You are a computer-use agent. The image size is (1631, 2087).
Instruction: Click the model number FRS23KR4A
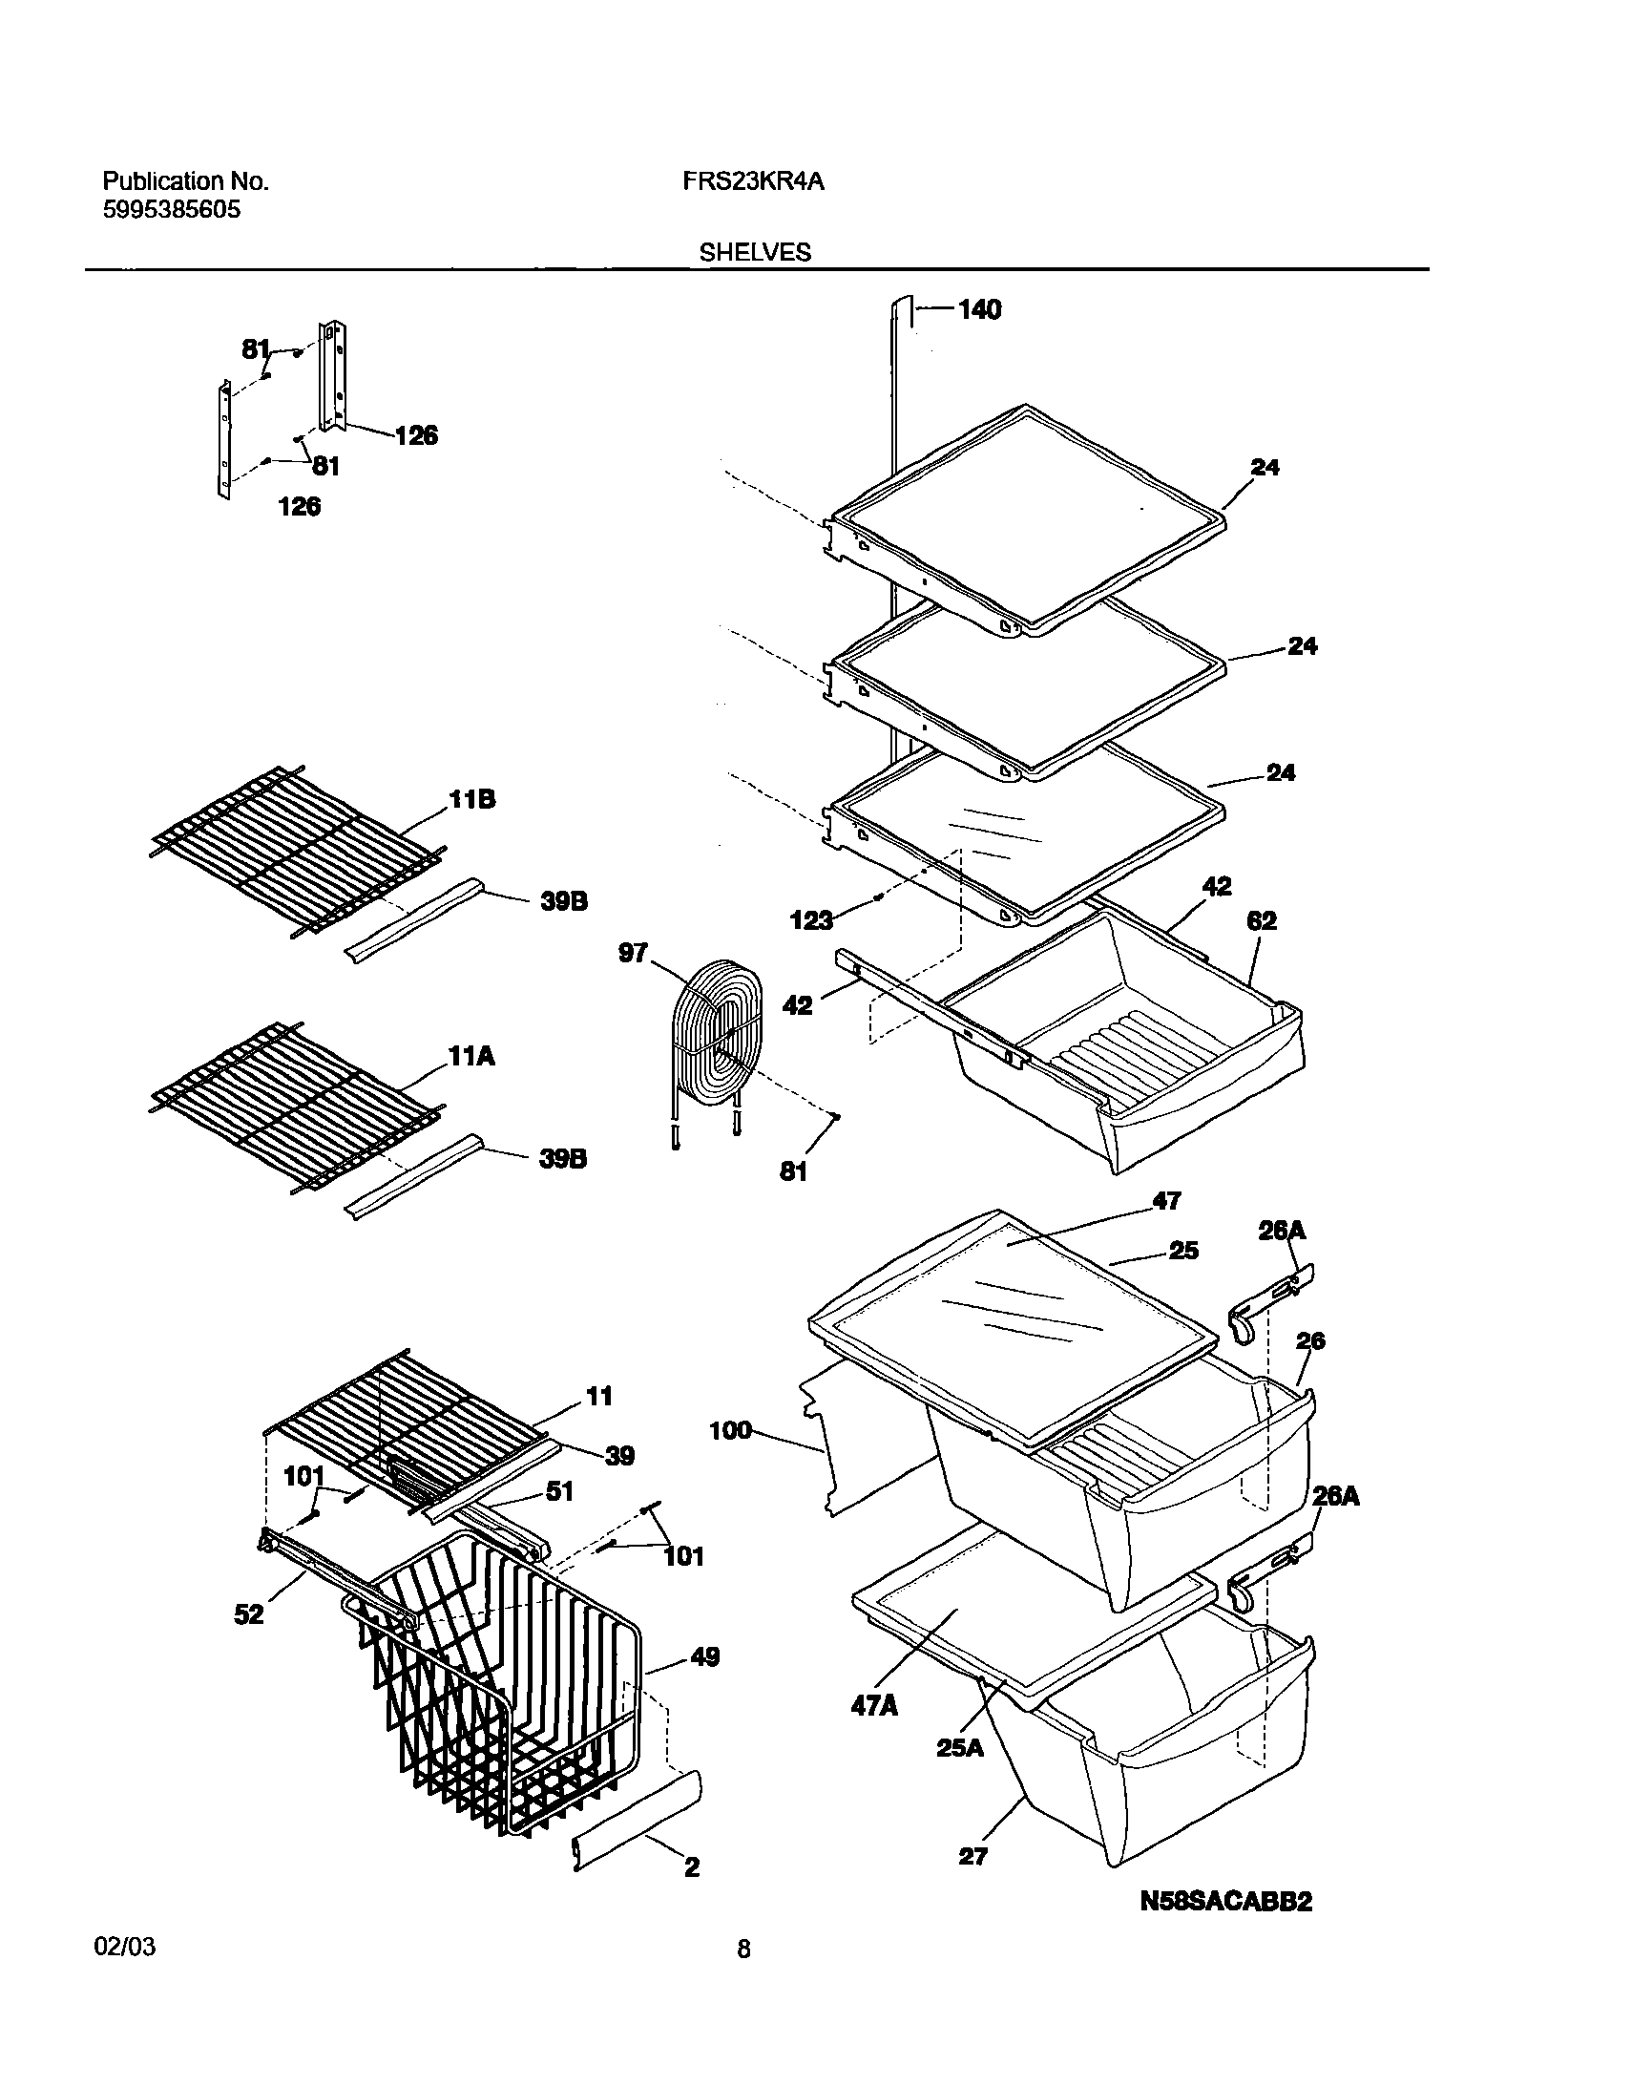(x=753, y=181)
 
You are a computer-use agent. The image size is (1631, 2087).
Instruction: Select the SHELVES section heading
(x=755, y=252)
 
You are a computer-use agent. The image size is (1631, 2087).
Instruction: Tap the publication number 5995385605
(x=171, y=210)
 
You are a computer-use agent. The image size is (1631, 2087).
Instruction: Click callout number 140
(x=979, y=309)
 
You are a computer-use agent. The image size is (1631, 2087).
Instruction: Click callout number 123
(x=811, y=920)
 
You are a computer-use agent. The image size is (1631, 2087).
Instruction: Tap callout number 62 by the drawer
(x=1262, y=921)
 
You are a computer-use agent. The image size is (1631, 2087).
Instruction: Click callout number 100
(x=731, y=1430)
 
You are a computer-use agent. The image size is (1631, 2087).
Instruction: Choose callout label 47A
(x=874, y=1706)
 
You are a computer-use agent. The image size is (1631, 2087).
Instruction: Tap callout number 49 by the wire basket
(x=704, y=1657)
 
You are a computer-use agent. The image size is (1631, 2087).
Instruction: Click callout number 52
(x=248, y=1614)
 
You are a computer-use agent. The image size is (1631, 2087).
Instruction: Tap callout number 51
(x=559, y=1490)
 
